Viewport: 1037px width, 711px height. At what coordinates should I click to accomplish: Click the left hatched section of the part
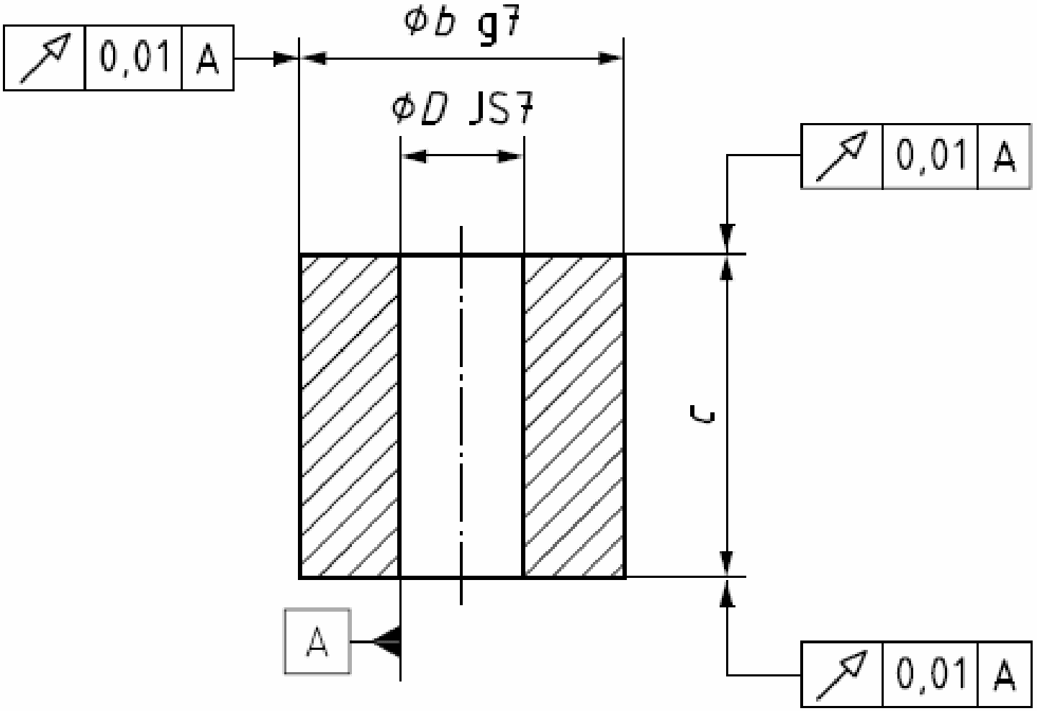350,416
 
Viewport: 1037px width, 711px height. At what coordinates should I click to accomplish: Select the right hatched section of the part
574,416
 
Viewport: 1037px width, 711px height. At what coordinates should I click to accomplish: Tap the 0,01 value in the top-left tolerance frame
134,58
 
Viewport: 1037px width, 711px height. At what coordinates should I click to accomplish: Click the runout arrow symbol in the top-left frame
45,58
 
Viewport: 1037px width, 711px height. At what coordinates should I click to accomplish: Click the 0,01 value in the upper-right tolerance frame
930,156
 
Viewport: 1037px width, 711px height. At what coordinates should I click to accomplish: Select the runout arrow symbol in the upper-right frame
841,156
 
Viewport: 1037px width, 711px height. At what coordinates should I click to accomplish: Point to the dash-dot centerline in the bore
461,416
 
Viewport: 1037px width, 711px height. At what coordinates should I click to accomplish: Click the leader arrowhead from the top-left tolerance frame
286,58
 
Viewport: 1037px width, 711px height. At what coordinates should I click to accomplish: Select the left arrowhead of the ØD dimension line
413,155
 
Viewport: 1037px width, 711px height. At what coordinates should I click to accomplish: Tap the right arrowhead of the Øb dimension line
610,58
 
